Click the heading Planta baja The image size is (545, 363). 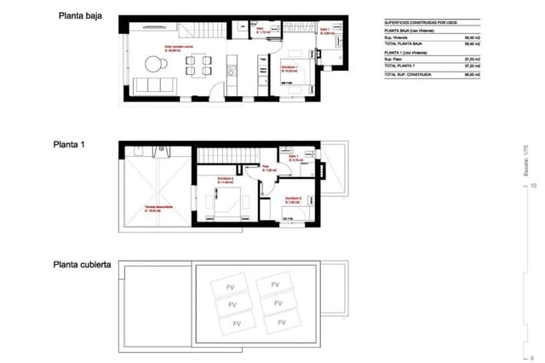(x=80, y=15)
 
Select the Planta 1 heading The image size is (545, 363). (x=70, y=145)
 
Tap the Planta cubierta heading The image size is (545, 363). (x=82, y=265)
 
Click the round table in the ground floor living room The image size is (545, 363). (x=155, y=63)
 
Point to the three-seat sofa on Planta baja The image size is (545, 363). (x=158, y=84)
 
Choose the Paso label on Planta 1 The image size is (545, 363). (x=265, y=168)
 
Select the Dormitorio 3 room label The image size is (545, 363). (x=293, y=199)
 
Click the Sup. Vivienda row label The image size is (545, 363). (x=397, y=37)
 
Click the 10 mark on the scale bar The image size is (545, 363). (x=532, y=184)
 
